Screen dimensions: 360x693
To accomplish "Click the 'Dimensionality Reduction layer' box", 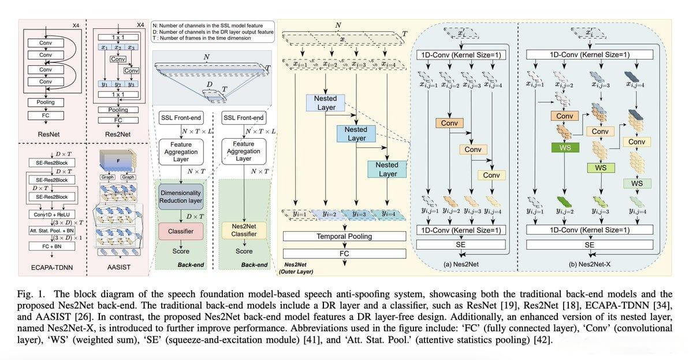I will (x=180, y=196).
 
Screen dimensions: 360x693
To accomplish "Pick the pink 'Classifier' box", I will (x=180, y=231).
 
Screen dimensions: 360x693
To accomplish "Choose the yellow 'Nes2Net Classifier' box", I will (x=244, y=231).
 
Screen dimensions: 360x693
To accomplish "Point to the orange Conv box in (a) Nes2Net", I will (x=449, y=123).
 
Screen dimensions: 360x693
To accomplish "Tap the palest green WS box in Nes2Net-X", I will (x=637, y=183).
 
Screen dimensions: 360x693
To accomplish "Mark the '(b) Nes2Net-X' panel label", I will (x=590, y=263).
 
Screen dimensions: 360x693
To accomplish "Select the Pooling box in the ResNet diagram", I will (x=46, y=102).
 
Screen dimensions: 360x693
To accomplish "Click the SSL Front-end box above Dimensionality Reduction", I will (x=180, y=118).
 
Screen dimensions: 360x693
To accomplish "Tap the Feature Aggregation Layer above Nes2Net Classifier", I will (x=244, y=151).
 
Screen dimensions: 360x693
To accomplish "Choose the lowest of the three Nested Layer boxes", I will (x=388, y=169).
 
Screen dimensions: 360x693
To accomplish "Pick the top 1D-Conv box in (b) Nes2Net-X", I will (x=590, y=55).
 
